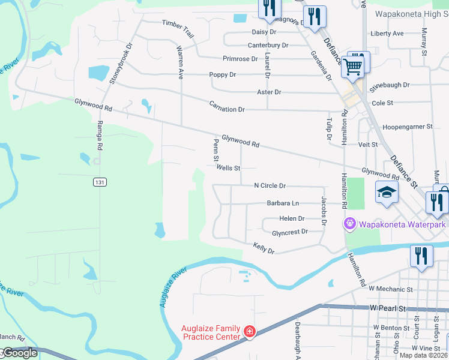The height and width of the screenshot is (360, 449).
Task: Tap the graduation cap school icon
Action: coord(387,193)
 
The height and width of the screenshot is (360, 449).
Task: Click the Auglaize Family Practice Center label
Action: coord(211,332)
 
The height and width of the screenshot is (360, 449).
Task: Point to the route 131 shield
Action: coord(100,181)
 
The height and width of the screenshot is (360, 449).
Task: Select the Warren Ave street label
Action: coord(179,61)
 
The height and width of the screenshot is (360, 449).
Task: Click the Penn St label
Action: coord(215,150)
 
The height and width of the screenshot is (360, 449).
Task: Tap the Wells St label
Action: coord(228,169)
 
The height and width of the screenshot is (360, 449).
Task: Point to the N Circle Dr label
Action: coord(270,186)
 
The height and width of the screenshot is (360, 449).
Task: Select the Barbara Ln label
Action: coord(283,203)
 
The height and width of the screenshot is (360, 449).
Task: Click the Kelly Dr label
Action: coord(264,247)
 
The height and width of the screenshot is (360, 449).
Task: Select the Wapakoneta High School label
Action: coord(412,13)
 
